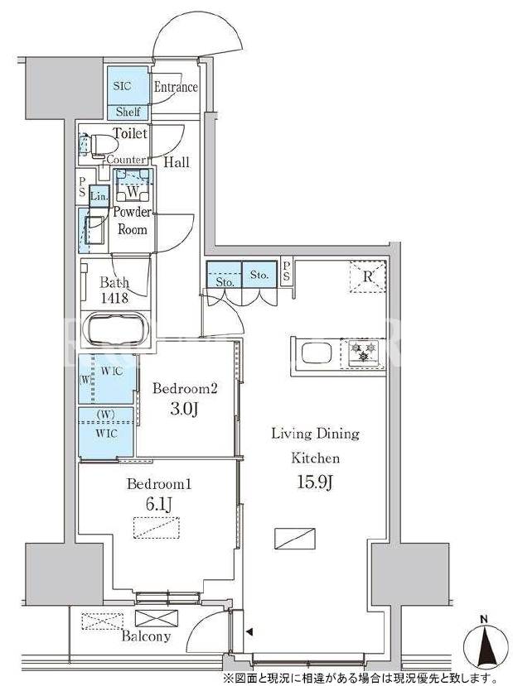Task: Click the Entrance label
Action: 176,87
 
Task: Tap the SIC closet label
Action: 122,86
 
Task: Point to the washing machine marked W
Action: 133,187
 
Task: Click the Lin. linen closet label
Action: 99,196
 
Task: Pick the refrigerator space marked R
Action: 368,276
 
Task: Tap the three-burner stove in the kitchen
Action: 364,353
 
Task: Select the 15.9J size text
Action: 316,482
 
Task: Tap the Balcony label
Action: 146,636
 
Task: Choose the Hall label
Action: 177,162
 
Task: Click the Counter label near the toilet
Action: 126,160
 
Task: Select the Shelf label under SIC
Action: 128,112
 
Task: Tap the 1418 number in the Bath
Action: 114,298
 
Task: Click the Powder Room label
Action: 133,220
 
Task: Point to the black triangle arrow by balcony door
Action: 249,631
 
